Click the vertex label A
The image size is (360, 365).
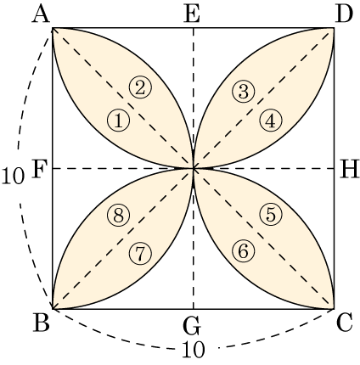click(42, 14)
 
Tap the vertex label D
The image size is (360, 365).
click(344, 14)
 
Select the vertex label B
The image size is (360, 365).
click(42, 323)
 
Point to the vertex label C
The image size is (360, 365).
click(345, 323)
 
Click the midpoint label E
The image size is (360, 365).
click(192, 14)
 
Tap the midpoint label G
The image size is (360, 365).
click(192, 326)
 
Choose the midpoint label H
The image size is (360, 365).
click(349, 170)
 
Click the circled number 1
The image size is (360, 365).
click(119, 121)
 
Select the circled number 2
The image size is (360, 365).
click(141, 87)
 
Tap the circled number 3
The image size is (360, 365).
click(244, 92)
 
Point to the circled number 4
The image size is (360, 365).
click(271, 121)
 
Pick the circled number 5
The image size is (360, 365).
click(271, 215)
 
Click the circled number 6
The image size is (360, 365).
click(244, 251)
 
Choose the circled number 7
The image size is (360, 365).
click(140, 254)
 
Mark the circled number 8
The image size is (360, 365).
click(119, 216)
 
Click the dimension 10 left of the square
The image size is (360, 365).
click(13, 176)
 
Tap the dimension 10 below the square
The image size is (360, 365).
click(193, 350)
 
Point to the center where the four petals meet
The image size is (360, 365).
click(194, 169)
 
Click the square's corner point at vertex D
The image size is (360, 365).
click(334, 28)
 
